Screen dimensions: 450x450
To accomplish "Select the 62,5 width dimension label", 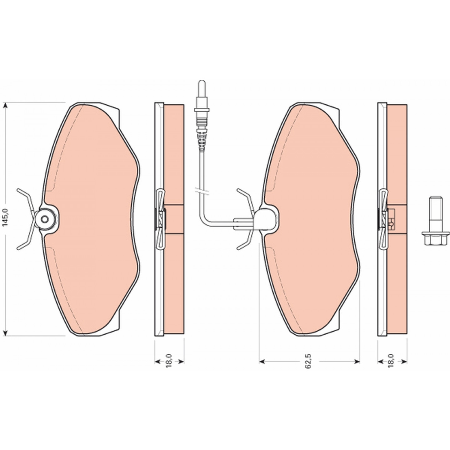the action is click(x=309, y=360).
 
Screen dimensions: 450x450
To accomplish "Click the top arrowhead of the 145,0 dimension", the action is click(x=6, y=106).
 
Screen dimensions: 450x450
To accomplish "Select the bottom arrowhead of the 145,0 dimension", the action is click(x=6, y=332).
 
